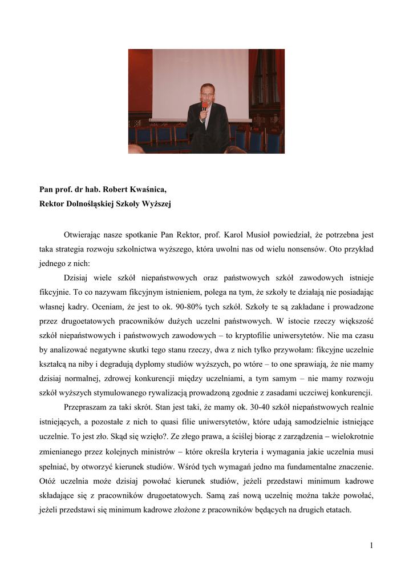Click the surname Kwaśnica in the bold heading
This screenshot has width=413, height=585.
[147, 189]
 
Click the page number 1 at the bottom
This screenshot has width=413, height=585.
[371, 546]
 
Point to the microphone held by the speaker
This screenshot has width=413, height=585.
[204, 108]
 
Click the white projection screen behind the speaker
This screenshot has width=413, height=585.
[171, 80]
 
